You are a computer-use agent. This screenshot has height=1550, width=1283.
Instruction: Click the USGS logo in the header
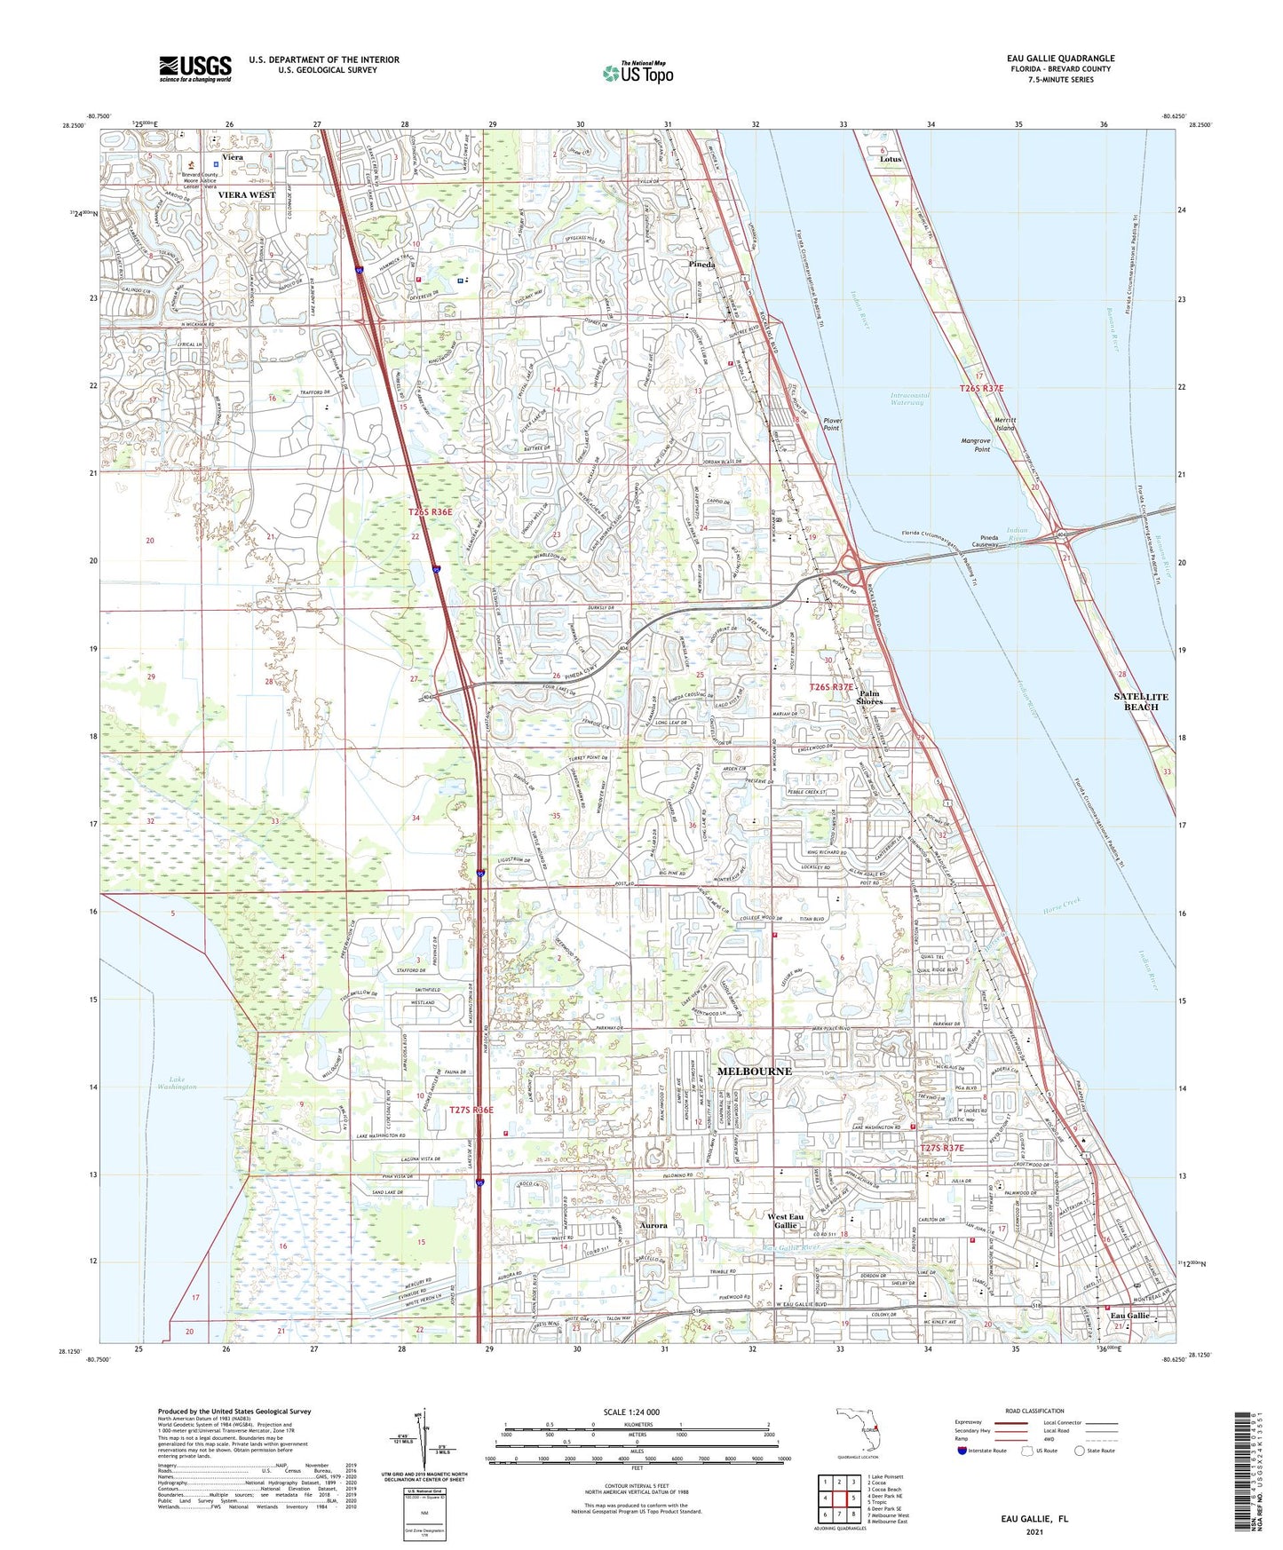click(195, 68)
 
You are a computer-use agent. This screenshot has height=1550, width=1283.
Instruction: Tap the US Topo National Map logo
click(638, 72)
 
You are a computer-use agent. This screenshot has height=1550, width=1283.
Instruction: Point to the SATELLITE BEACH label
click(1140, 701)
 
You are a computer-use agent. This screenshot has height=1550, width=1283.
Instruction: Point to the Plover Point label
click(831, 423)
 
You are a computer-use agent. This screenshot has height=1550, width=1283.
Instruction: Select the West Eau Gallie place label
click(785, 1221)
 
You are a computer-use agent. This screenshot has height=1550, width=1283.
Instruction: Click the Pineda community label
click(703, 265)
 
